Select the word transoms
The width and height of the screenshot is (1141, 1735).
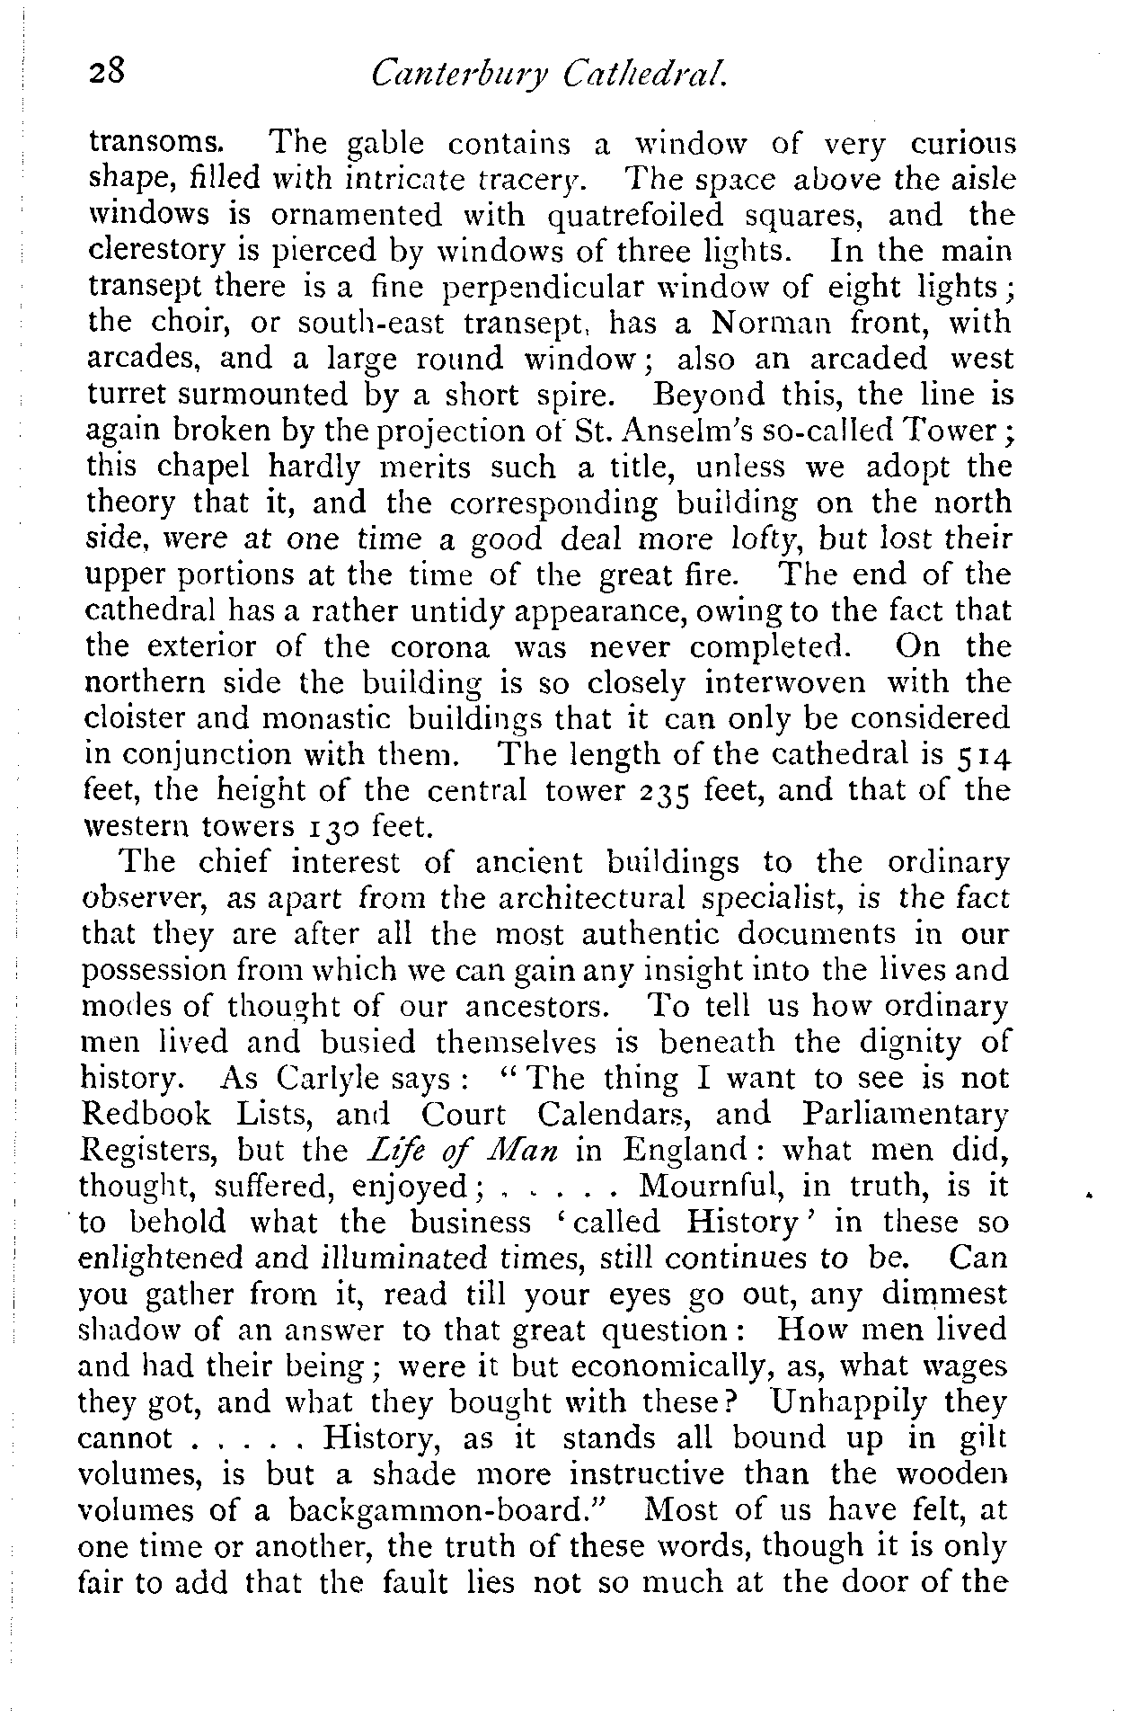tap(152, 144)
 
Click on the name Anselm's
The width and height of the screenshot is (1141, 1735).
tap(645, 432)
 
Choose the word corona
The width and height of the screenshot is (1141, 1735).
tap(440, 647)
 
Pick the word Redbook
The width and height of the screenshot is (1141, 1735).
tap(146, 1115)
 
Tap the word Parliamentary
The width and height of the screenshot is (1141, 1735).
tap(905, 1115)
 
